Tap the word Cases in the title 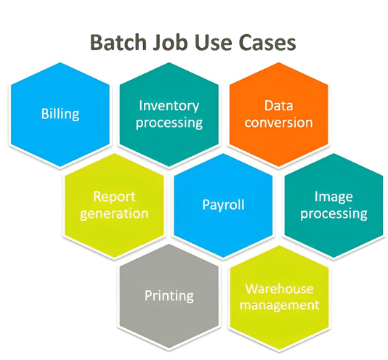tap(264, 42)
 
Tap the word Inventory tap(169, 106)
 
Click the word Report tap(114, 197)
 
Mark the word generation tap(114, 213)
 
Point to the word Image tap(334, 197)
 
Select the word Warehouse tap(279, 288)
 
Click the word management tap(279, 305)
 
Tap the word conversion tap(279, 122)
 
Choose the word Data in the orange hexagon tap(279, 106)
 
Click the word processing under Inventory tap(169, 123)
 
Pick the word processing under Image tap(334, 213)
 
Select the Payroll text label tap(223, 205)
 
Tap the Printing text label tap(169, 295)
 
